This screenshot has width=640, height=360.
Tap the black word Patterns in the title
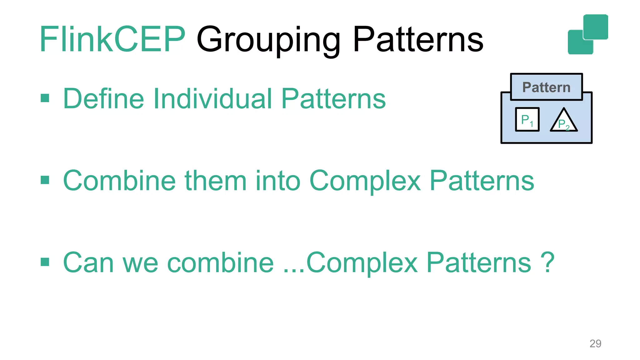coord(418,40)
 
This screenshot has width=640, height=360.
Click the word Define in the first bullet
coord(103,99)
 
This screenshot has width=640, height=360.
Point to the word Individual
coord(212,99)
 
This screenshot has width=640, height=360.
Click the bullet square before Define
coord(45,98)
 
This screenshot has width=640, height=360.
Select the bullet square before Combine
coord(45,180)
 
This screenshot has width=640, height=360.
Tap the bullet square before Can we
coord(45,262)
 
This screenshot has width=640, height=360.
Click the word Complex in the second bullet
coord(365,181)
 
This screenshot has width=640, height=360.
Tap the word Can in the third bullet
coord(88,262)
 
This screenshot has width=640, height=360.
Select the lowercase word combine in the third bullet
coord(220,262)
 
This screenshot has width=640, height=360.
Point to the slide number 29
coord(595,343)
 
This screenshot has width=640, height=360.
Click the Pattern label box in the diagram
coord(546,87)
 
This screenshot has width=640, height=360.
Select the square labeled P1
coord(527,120)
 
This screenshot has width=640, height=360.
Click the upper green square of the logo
coord(596,27)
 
